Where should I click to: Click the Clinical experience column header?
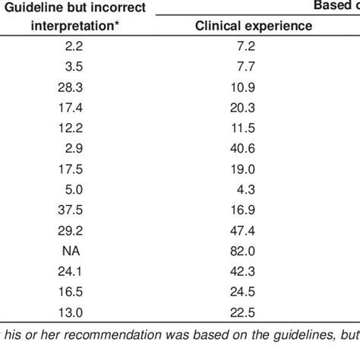(x=253, y=25)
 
